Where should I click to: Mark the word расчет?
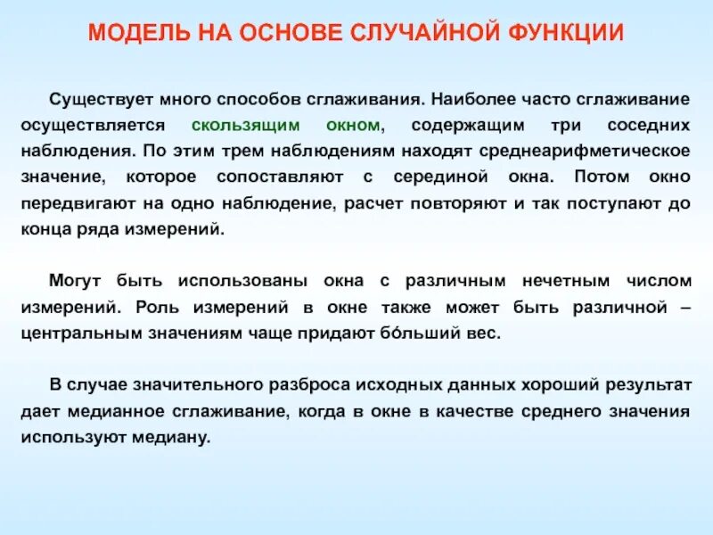point(378,203)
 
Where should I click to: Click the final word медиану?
point(174,438)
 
